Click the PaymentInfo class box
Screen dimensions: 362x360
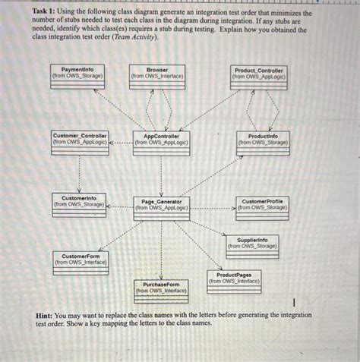coord(77,77)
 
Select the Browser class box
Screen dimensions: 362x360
coord(157,77)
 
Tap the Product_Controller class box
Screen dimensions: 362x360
coord(258,77)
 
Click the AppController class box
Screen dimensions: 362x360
coord(161,143)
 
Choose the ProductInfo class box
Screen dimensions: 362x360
coord(263,143)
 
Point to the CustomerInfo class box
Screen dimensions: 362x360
coord(79,204)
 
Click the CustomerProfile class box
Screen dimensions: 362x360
coord(262,207)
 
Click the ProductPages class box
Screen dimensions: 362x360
coord(234,282)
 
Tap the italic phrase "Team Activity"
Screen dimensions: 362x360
coord(135,36)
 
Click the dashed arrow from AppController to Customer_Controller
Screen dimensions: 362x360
coord(121,142)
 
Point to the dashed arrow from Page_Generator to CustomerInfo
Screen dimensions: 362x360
coord(120,205)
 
